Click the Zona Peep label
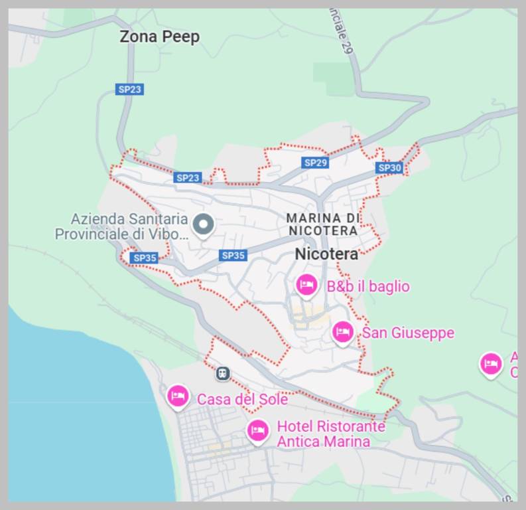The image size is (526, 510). point(159,37)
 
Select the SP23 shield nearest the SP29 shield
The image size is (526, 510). point(188,177)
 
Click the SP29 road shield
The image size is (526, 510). point(315,163)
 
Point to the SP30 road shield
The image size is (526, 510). point(389,168)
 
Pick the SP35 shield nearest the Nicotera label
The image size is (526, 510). point(233,255)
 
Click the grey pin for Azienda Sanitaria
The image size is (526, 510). point(204,225)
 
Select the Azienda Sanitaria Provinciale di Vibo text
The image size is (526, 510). point(121,226)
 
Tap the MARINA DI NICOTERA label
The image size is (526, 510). point(322,224)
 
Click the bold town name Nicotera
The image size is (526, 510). point(326,254)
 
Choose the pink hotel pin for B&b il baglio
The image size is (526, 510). point(306,286)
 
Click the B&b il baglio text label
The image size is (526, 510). point(368,286)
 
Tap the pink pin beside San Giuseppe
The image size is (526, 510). point(342,331)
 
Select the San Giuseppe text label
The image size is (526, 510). point(408,332)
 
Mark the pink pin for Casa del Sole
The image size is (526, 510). point(177,396)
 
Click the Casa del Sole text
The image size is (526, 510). point(242,399)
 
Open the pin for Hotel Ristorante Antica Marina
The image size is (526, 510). point(257,430)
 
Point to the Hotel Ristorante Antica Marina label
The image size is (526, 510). point(330,434)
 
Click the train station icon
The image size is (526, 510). point(223,374)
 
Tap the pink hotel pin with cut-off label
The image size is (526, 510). point(491,363)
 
